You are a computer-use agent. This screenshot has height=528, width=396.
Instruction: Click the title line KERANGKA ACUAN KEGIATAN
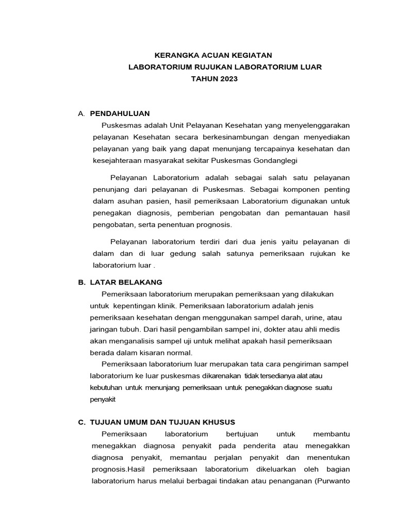pos(213,55)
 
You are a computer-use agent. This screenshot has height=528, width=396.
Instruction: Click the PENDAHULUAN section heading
pos(120,113)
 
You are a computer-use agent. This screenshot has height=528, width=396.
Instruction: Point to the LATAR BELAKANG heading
pos(126,282)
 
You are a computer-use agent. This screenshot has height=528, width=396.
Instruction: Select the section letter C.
pos(81,422)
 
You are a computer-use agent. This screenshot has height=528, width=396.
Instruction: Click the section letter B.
pos(81,282)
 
